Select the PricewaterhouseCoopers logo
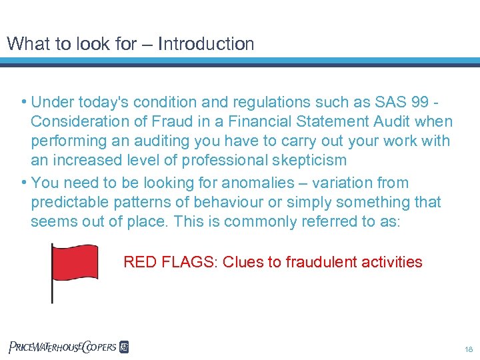pyautogui.click(x=69, y=347)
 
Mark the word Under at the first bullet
pyautogui.click(x=51, y=103)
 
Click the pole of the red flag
pyautogui.click(x=53, y=287)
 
